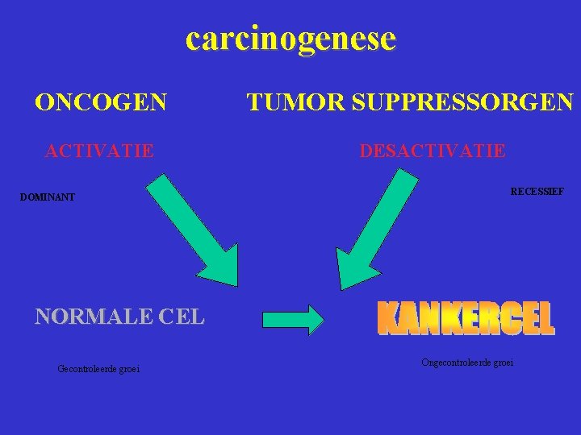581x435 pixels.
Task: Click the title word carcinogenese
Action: pyautogui.click(x=290, y=38)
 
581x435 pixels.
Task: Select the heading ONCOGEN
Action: pyautogui.click(x=101, y=102)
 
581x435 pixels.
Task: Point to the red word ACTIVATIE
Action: pyautogui.click(x=100, y=150)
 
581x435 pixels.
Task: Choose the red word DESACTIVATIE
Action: pyautogui.click(x=433, y=151)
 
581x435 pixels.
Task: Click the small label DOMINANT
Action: pyautogui.click(x=48, y=197)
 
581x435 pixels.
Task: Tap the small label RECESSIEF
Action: pyautogui.click(x=537, y=192)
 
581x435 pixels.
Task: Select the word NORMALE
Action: pyautogui.click(x=93, y=316)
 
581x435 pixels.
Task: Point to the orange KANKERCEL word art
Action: pyautogui.click(x=466, y=319)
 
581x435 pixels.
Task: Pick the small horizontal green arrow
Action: pyautogui.click(x=293, y=319)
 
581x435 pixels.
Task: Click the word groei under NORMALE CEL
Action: pyautogui.click(x=129, y=369)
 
